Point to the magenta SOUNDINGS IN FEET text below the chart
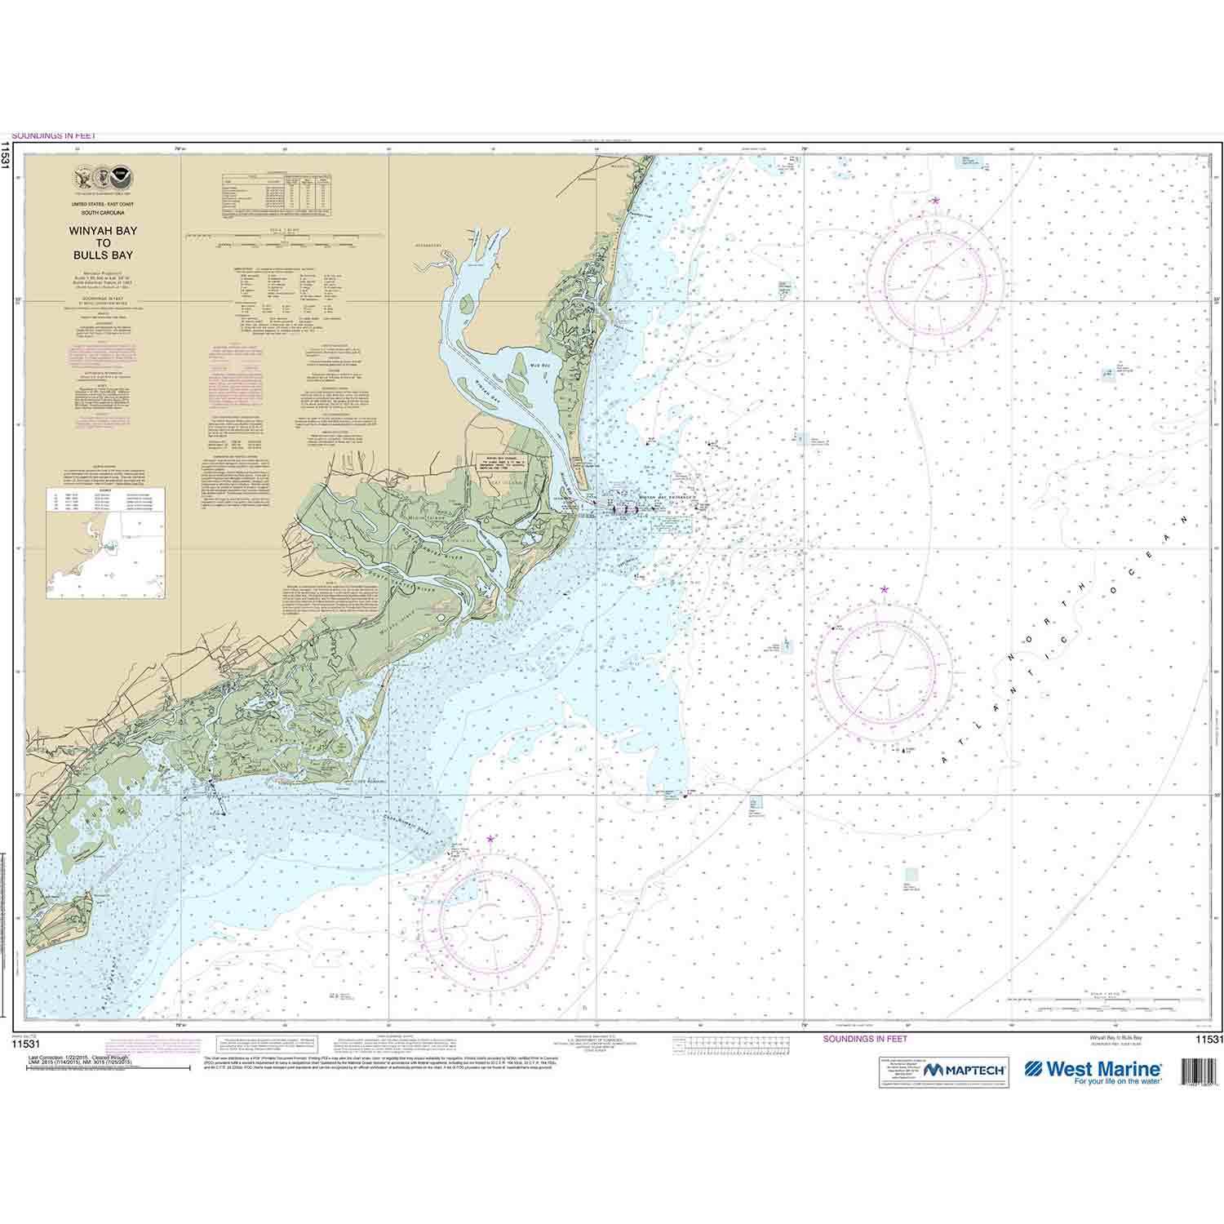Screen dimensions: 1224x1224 pyautogui.click(x=865, y=1040)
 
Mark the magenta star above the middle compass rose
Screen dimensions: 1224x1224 pyautogui.click(x=884, y=588)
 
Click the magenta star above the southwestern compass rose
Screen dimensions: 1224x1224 pyautogui.click(x=490, y=839)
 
